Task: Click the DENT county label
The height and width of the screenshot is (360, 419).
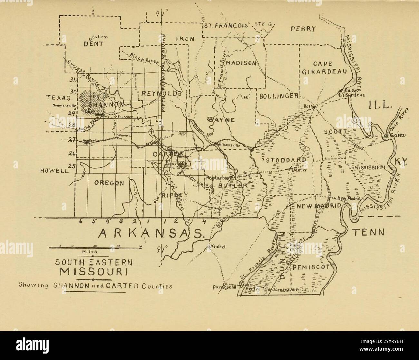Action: [93, 44]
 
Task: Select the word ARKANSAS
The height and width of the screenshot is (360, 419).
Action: [151, 233]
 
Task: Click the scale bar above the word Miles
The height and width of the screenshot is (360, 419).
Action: [95, 247]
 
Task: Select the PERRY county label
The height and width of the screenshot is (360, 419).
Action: [303, 29]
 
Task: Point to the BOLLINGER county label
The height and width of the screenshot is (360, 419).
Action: [278, 96]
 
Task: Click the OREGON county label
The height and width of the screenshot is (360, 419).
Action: [109, 183]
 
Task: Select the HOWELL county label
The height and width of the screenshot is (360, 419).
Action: [54, 171]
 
